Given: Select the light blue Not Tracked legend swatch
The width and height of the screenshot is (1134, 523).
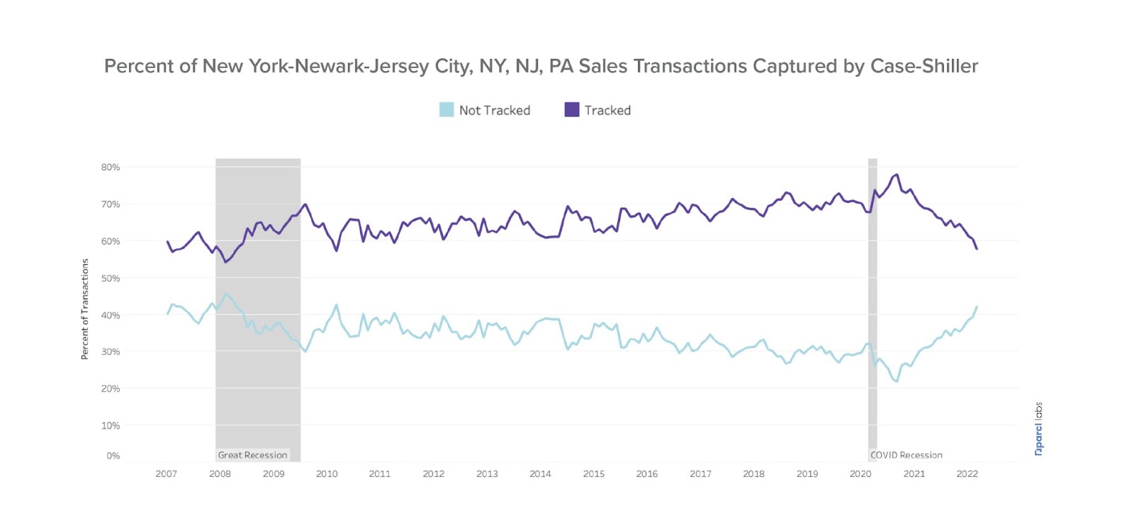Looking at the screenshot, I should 447,110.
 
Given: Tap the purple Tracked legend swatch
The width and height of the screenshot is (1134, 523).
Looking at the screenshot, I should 572,110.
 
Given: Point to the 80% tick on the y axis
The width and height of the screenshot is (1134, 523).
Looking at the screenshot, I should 111,167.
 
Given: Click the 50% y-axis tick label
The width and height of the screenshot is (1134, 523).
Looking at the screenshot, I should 111,278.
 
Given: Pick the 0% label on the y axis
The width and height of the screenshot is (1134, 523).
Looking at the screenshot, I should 113,456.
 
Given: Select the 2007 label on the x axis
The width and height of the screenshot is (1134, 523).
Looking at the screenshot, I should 167,474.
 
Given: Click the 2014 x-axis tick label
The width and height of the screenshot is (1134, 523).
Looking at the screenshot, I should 540,474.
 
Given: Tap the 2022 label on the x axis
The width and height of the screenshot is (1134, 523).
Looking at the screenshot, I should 967,474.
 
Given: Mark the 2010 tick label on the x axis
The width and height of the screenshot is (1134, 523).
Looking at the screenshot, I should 327,474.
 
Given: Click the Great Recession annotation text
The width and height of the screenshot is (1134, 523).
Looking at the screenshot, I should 252,455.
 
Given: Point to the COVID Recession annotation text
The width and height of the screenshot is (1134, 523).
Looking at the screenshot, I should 906,455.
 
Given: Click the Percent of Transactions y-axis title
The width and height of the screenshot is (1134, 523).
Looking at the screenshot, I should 85,309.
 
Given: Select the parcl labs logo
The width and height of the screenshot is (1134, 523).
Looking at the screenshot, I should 1038,429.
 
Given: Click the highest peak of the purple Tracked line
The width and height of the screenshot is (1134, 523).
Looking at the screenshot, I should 897,175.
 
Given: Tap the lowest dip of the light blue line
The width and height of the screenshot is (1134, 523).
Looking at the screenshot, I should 897,381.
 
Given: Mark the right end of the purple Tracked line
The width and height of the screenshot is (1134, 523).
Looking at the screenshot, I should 977,248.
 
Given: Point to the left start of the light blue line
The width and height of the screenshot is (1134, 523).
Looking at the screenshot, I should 167,314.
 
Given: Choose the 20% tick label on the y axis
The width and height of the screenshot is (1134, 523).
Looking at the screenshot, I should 111,389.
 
